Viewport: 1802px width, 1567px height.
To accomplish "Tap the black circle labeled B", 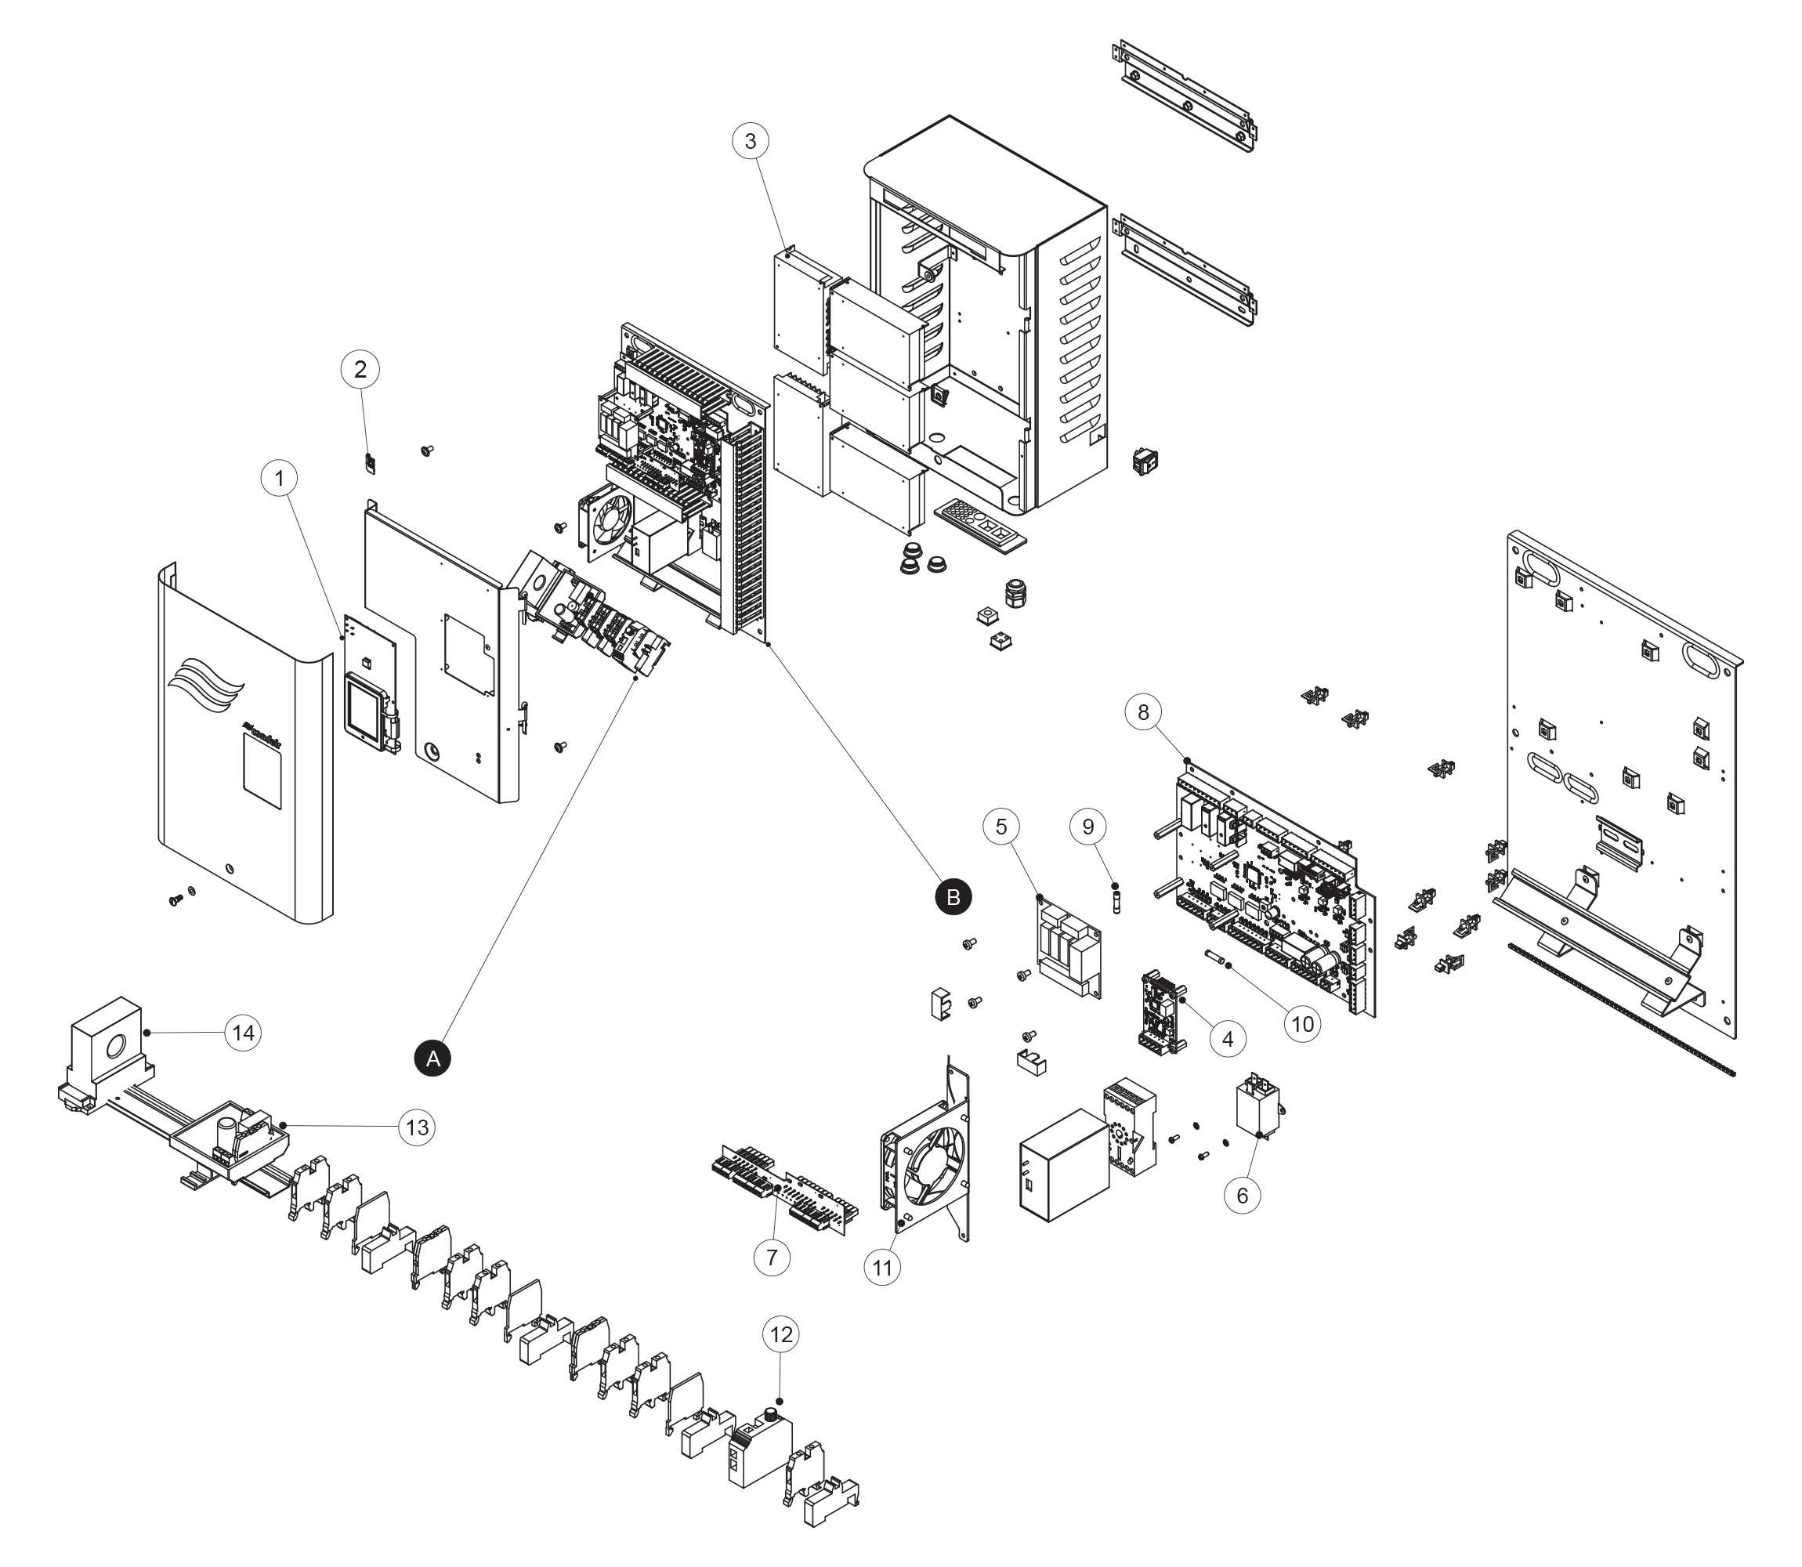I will tap(953, 897).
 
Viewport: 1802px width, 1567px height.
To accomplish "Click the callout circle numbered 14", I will tap(243, 1033).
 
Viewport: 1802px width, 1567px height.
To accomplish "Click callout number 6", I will tap(1243, 1196).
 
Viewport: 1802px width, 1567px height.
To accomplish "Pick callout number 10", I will tap(1303, 1024).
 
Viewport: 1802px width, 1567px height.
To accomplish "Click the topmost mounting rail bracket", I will tap(1187, 97).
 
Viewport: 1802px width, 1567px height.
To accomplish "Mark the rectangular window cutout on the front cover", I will tap(262, 769).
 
